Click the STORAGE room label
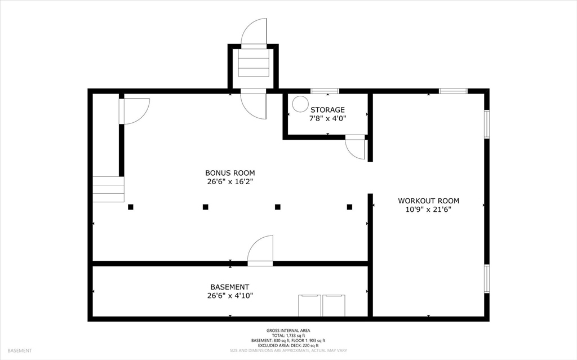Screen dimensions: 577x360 [327, 110]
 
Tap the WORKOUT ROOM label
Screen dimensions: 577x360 [428, 201]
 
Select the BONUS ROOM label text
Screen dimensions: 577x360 [230, 173]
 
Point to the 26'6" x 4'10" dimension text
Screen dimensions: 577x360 [230, 296]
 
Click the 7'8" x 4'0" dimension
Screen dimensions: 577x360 [327, 118]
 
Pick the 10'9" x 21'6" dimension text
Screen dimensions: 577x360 [428, 210]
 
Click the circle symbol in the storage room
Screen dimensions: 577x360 [300, 104]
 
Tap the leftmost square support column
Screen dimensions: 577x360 [131, 207]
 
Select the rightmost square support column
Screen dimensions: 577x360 [349, 207]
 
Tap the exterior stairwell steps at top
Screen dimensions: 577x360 [254, 63]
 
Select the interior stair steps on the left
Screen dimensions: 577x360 [108, 189]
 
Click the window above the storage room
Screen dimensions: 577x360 [325, 91]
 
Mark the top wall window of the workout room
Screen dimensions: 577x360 [454, 91]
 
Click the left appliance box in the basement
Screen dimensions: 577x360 [309, 305]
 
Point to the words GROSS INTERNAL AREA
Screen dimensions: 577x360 [288, 331]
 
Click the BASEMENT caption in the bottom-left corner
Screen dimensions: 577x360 [20, 351]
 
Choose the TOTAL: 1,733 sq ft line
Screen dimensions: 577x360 [288, 336]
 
